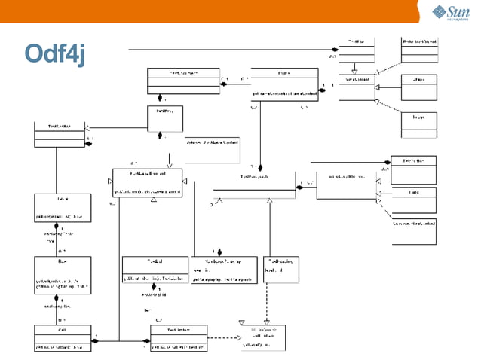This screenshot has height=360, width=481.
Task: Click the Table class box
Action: pyautogui.click(x=63, y=207)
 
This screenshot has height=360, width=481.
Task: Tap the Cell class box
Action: pyautogui.click(x=63, y=338)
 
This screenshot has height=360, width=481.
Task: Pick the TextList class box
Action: pyautogui.click(x=157, y=270)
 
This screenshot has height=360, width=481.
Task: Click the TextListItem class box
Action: pyautogui.click(x=178, y=338)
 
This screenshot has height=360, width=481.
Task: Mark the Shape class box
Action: pyautogui.click(x=418, y=84)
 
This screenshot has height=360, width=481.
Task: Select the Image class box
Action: pyautogui.click(x=418, y=122)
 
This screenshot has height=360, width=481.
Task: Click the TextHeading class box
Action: pyautogui.click(x=280, y=270)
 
